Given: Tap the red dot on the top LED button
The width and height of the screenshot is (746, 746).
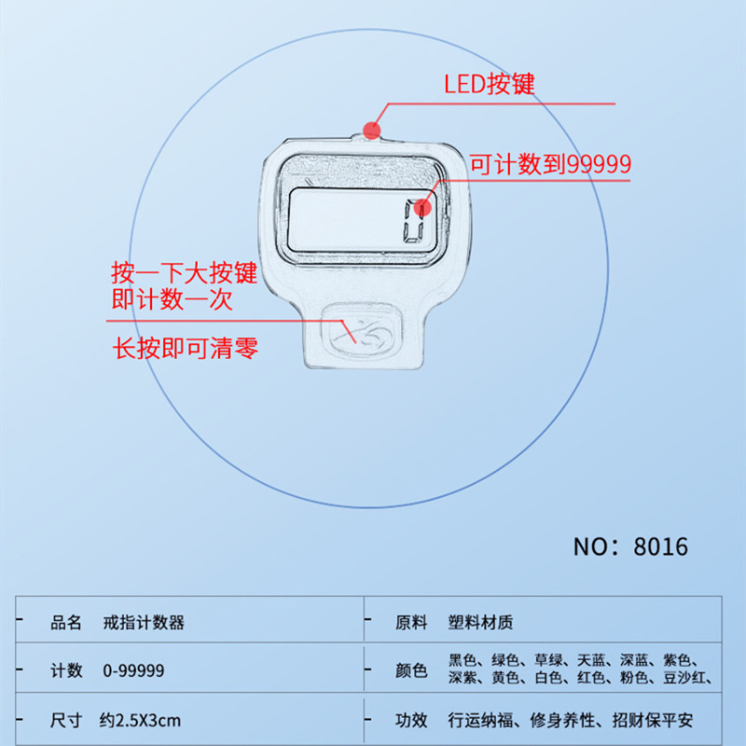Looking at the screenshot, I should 373,130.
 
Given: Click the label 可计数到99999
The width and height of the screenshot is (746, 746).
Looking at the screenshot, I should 550,165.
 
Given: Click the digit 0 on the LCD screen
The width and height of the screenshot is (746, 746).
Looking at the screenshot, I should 414,223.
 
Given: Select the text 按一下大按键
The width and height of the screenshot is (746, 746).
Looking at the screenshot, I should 184,274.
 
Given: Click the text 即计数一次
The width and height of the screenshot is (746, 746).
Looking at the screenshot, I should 171,300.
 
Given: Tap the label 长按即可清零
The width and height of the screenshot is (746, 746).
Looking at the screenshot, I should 185,349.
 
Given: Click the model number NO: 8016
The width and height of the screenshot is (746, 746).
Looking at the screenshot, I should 630,546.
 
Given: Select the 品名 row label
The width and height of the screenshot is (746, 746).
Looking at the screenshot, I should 66,622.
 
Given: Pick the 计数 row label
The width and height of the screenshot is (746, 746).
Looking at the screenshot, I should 66,670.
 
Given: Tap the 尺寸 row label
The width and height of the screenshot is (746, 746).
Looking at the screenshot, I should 66,720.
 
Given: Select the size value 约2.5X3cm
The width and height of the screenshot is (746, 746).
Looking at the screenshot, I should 140,720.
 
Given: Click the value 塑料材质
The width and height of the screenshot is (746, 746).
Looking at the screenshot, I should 480,622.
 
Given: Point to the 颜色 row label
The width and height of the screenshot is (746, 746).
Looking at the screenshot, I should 411,670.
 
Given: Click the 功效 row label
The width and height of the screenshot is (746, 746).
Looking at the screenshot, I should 411,720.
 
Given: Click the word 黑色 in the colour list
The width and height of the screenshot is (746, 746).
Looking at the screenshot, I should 463,661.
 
